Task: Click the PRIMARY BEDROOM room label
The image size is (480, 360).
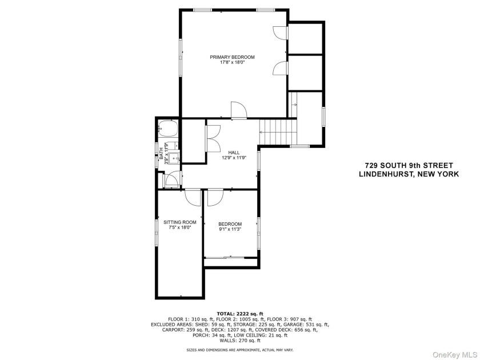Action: [232, 57]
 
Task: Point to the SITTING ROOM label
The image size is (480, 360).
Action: [179, 222]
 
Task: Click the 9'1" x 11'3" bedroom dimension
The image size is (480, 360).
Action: [230, 229]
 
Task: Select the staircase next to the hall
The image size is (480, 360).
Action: [278, 131]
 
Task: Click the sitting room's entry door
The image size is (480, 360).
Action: [193, 197]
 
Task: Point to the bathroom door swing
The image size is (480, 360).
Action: [171, 181]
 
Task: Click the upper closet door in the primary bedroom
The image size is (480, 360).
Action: [279, 33]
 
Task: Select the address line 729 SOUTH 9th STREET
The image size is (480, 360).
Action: [407, 166]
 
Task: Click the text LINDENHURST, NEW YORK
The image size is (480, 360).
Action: [407, 175]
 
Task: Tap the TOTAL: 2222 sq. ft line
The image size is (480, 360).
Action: [239, 314]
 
